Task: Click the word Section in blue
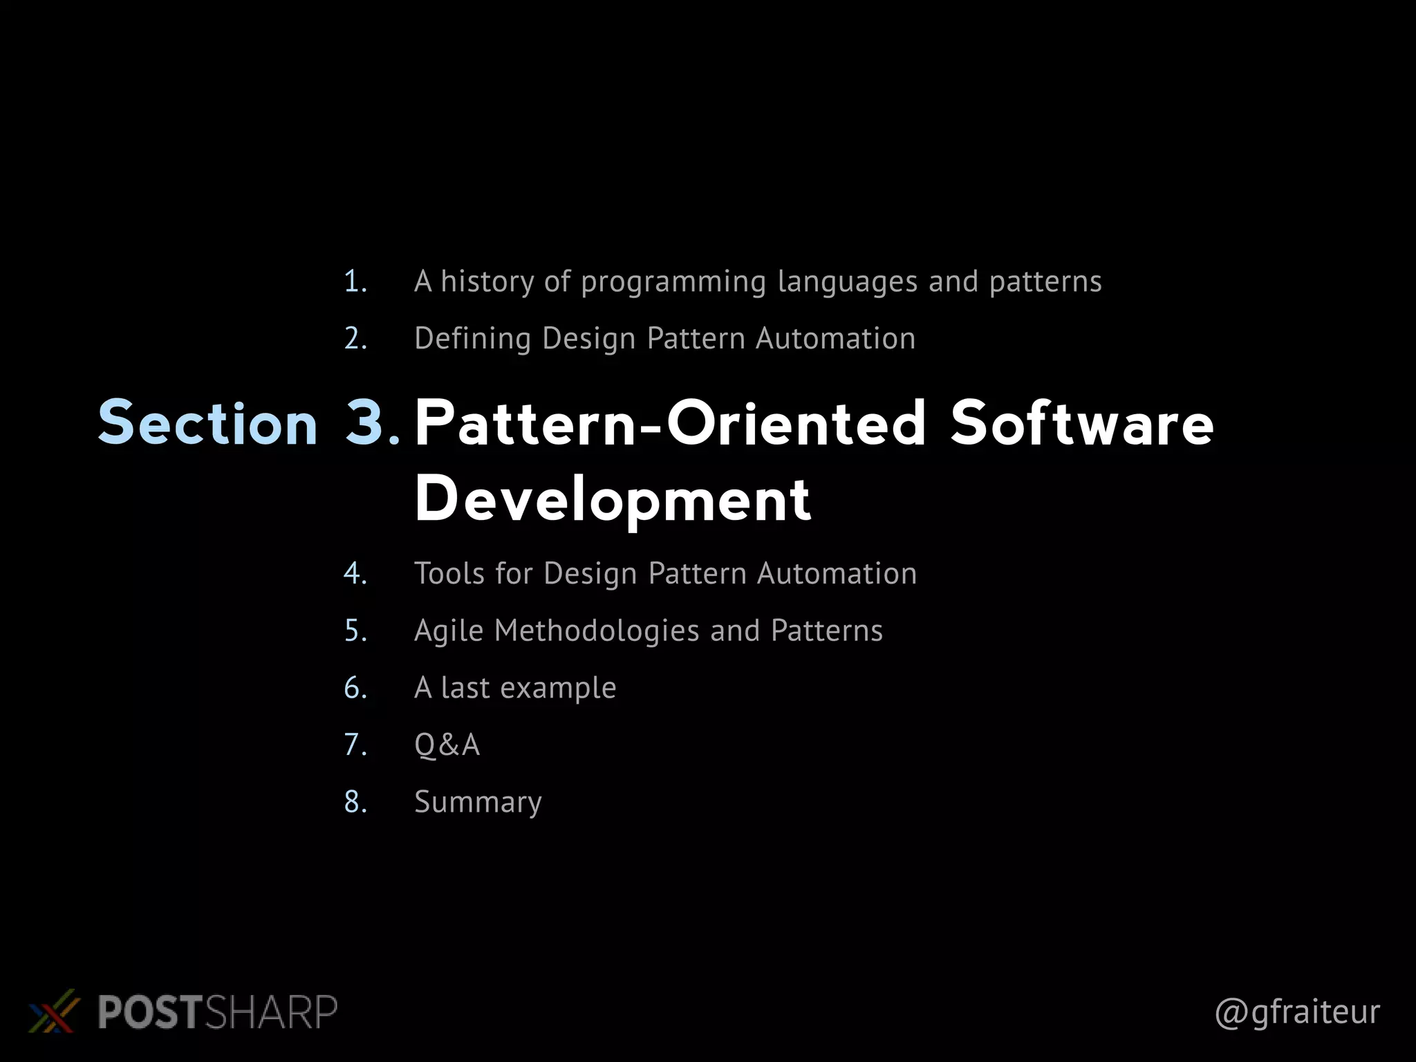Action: (x=207, y=422)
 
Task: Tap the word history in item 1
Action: (x=487, y=281)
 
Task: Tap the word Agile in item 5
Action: (x=448, y=631)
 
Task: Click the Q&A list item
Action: (x=447, y=745)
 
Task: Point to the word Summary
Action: (x=478, y=803)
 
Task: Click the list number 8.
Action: (x=355, y=802)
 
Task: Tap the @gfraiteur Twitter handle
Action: (x=1297, y=1012)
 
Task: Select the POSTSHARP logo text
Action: (x=217, y=1012)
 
